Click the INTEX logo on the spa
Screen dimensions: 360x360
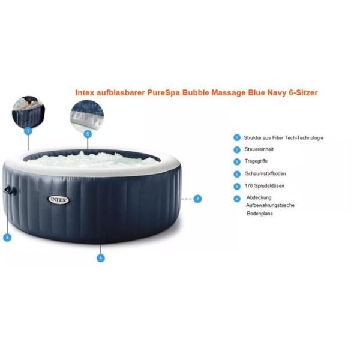58,200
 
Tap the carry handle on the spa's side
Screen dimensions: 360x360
10,191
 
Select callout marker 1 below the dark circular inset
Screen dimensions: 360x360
28,131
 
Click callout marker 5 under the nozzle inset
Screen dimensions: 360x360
88,134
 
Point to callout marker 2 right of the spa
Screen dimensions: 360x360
197,199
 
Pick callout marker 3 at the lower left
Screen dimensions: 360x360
7,238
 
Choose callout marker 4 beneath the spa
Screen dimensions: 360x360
101,258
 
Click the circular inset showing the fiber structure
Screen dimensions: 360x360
28,112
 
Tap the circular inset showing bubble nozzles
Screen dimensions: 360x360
88,116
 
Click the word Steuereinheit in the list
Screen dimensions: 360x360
259,149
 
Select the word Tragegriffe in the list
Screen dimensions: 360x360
256,161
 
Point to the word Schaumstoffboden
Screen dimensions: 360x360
265,173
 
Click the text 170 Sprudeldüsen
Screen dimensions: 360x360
264,186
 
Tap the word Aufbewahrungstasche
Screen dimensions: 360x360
270,205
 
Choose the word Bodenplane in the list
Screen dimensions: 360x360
260,214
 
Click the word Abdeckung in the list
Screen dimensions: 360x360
259,197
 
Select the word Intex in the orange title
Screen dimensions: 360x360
85,93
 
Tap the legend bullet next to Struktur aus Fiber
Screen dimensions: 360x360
237,138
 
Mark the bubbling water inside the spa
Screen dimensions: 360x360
92,160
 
